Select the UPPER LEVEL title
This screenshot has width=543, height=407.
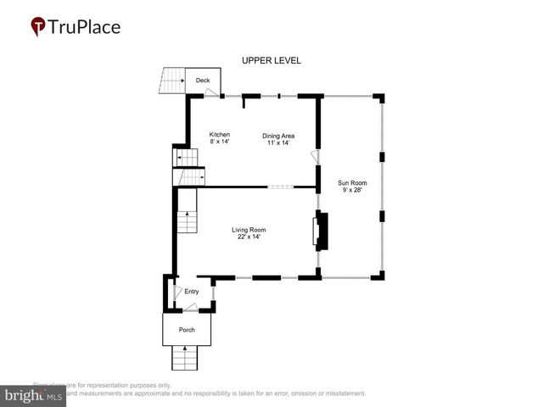[x=271, y=61]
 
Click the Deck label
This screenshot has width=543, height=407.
[x=203, y=81]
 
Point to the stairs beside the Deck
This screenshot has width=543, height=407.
[x=172, y=81]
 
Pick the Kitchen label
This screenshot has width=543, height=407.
[x=220, y=134]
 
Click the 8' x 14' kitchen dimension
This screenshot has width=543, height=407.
[x=220, y=142]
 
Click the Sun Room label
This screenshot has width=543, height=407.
[x=351, y=182]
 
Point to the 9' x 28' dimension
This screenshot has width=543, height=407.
[x=351, y=190]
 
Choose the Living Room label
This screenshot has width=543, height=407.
[x=249, y=229]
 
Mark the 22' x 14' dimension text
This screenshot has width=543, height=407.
[x=249, y=237]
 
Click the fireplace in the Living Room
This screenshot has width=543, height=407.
[x=322, y=231]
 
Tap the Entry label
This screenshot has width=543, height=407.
[x=192, y=292]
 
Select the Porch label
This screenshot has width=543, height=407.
[x=187, y=330]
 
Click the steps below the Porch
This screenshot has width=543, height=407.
[x=186, y=358]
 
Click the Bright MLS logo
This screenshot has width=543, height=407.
[x=33, y=396]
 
